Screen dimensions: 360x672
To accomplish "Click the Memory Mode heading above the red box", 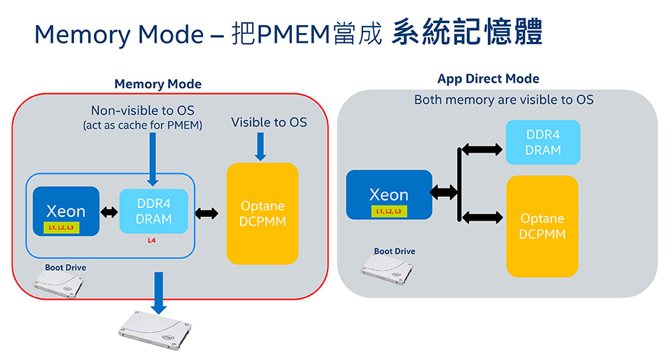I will pos(157,84).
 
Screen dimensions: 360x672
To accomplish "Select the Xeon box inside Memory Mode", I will pos(66,211).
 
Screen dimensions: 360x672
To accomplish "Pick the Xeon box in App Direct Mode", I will pos(388,194).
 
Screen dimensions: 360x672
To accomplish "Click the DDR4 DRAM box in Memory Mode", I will pos(153,211).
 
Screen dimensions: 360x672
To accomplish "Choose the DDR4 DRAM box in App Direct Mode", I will pos(543,142).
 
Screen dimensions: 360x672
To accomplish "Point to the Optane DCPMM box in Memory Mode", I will pos(262,214).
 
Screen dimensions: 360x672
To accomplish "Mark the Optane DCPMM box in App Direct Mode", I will pos(542,226).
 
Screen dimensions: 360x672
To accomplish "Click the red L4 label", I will pos(151,240).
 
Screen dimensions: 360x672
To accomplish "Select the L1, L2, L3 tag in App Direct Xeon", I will pos(388,212).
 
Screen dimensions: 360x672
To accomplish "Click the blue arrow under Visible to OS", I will pos(260,146).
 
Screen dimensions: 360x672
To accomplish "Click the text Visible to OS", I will pos(269,123).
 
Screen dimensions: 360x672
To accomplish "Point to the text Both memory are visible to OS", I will pos(503,99).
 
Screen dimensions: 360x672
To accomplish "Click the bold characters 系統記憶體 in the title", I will pos(467,34).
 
